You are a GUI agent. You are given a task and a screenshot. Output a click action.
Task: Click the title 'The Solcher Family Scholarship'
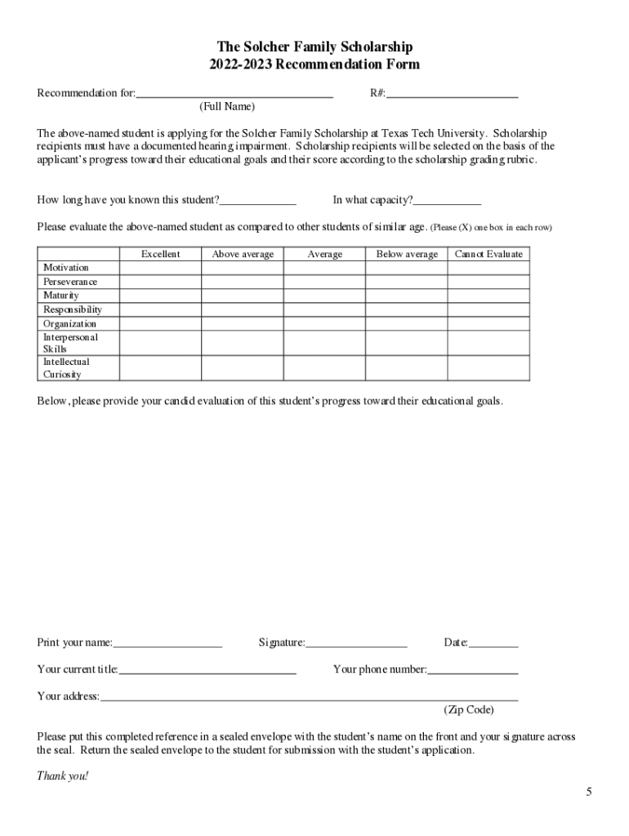(x=314, y=47)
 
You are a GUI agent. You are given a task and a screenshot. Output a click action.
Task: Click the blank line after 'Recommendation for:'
(x=234, y=94)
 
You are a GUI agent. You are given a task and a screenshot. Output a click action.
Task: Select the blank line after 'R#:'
(x=453, y=94)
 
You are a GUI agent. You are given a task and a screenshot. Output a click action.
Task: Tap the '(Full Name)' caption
(x=227, y=107)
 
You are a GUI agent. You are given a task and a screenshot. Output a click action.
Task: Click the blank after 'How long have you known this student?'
(x=258, y=201)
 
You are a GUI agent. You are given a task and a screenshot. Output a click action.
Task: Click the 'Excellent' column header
(x=160, y=254)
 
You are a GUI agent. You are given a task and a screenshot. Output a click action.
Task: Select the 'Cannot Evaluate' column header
(x=488, y=254)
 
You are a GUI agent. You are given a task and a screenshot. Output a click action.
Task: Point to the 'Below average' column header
(x=407, y=254)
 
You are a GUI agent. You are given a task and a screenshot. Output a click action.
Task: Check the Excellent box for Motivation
(x=160, y=268)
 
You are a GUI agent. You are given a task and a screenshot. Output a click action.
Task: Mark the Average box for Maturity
(x=324, y=296)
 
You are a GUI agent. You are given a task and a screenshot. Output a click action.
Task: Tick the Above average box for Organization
(x=243, y=323)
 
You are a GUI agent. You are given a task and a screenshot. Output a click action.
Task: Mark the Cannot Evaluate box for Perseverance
(x=488, y=282)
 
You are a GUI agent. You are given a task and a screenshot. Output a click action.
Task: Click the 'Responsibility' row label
(x=73, y=309)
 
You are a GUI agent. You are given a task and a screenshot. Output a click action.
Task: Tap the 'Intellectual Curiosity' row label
(x=66, y=368)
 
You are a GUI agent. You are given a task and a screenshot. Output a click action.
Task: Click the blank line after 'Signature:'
(x=356, y=643)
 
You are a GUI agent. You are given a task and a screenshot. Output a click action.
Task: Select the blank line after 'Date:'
(x=493, y=643)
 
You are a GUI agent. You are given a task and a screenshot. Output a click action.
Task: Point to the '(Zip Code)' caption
(x=469, y=709)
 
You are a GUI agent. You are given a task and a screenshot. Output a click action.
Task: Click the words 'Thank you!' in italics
(x=62, y=776)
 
